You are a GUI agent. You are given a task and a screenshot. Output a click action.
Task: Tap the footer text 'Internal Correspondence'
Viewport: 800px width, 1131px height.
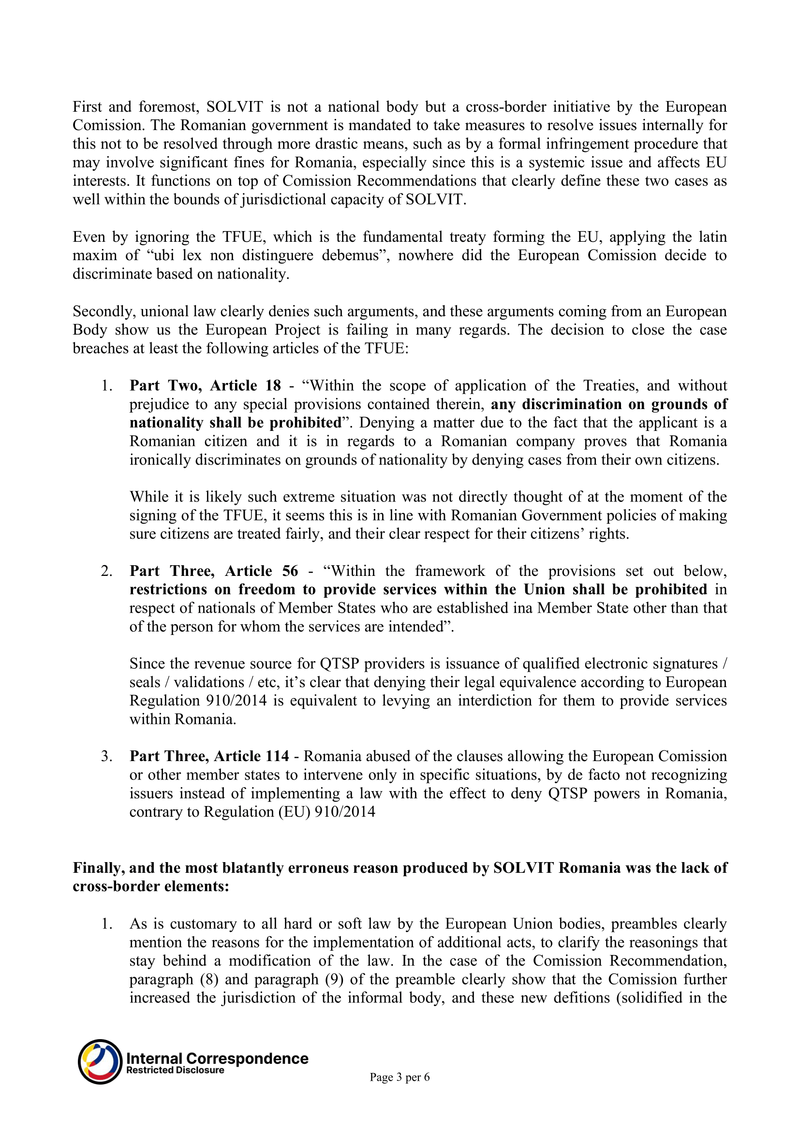pyautogui.click(x=217, y=1058)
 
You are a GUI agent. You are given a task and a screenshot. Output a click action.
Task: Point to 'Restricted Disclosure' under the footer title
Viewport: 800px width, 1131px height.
pyautogui.click(x=175, y=1070)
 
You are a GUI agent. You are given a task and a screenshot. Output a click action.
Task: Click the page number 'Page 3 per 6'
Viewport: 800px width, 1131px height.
pyautogui.click(x=400, y=1077)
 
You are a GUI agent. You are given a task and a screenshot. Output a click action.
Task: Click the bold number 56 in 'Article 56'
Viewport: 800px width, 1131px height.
pyautogui.click(x=290, y=571)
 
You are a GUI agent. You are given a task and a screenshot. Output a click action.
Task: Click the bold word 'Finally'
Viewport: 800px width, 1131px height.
pyautogui.click(x=98, y=867)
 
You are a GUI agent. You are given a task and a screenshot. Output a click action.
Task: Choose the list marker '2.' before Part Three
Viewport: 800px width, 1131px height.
pyautogui.click(x=106, y=571)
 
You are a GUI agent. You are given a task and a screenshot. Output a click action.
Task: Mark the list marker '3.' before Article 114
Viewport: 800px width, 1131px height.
pyautogui.click(x=106, y=756)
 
